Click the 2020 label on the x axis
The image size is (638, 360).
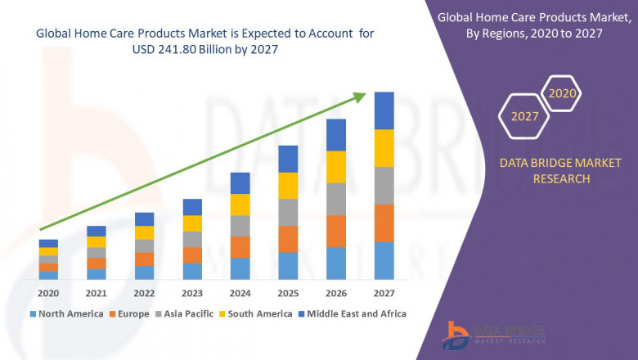(48, 293)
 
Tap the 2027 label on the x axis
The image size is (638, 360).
(384, 293)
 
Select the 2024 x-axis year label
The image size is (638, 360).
(240, 293)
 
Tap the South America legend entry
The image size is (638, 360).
(255, 313)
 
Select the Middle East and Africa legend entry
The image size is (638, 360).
(353, 313)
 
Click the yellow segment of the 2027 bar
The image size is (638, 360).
(384, 148)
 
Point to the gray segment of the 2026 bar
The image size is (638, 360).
(336, 199)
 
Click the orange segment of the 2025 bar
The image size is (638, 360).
(288, 239)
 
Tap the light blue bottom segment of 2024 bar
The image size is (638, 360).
(240, 269)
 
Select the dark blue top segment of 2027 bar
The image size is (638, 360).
(384, 110)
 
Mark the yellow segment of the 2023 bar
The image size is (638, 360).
(192, 223)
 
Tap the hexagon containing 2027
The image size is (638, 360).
(524, 116)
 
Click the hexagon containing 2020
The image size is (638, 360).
(562, 93)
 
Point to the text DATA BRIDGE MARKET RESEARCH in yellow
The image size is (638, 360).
(544, 171)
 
